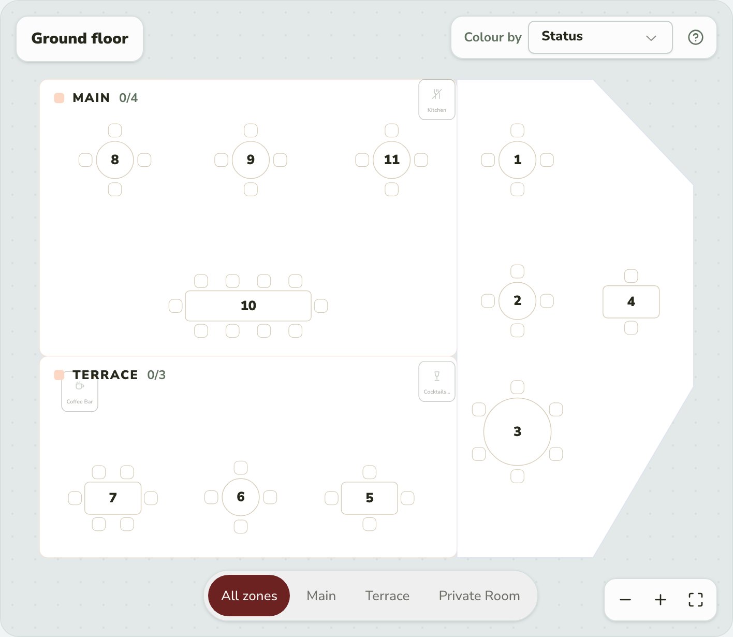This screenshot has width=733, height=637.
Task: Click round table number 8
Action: pos(114,160)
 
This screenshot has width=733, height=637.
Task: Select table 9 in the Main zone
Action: pos(251,160)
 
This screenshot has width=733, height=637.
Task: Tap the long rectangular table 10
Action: pos(248,306)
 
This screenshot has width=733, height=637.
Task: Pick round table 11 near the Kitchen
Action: pos(391,160)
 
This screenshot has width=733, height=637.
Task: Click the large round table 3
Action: pos(517,431)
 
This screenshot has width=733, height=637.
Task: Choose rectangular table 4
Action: pos(631,302)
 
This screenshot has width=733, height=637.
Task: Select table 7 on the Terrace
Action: pos(113,498)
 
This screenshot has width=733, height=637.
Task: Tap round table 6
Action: pos(240,497)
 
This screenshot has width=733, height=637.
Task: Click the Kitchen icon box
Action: pos(437,99)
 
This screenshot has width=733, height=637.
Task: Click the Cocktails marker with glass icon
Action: pos(437,381)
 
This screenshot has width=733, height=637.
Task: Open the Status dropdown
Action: pos(600,37)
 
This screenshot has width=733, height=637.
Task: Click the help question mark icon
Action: pos(695,37)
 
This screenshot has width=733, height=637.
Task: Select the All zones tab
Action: pos(249,596)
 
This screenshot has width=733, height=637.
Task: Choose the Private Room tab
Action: pos(479,596)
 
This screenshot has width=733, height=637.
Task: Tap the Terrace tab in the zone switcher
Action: pos(387,596)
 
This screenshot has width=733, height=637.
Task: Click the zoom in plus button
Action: pos(660,600)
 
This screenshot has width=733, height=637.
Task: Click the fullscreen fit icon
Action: pos(695,600)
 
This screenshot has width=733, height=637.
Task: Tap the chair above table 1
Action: pos(517,131)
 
